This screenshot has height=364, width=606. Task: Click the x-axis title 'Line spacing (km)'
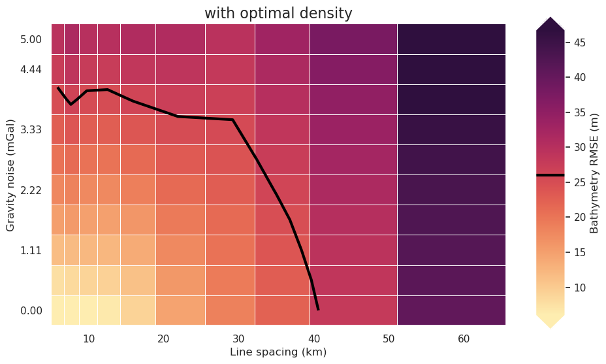point(278,352)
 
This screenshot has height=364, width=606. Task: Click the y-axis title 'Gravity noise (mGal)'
point(10,174)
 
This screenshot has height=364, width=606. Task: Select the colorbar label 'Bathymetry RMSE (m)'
point(594,174)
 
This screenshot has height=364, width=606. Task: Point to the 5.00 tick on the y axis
point(31,39)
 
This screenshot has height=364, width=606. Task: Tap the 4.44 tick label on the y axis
point(31,69)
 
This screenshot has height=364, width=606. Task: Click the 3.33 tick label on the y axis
point(31,130)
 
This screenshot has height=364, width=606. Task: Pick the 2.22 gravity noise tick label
point(31,190)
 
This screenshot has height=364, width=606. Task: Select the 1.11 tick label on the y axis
point(31,250)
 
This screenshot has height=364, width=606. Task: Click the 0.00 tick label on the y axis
point(31,311)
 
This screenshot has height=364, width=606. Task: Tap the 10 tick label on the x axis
point(89,339)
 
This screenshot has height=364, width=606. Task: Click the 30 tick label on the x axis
point(238,339)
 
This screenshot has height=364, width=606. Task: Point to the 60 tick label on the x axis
point(464,339)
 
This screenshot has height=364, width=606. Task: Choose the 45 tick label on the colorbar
point(580,43)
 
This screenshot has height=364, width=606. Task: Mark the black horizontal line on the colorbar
point(550,175)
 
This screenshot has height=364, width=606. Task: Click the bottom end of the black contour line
point(318,309)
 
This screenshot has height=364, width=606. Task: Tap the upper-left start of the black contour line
point(58,88)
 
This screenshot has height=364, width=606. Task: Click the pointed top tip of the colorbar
point(550,18)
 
